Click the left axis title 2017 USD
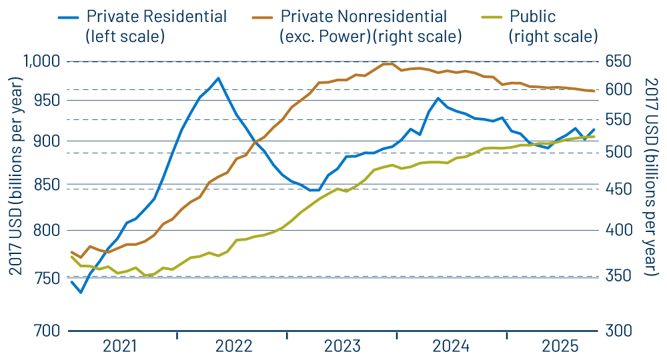coord(15,177)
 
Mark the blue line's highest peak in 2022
coord(218,78)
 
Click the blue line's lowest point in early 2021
coord(81,292)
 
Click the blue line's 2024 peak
coord(438,99)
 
